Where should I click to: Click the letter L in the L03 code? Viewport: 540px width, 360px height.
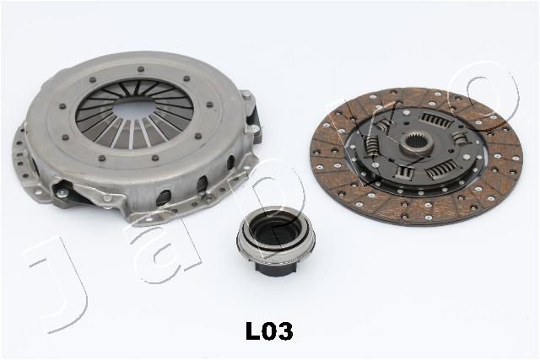click(x=252, y=331)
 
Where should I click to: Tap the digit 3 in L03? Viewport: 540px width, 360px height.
click(x=285, y=331)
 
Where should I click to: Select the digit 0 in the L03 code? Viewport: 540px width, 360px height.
click(x=268, y=331)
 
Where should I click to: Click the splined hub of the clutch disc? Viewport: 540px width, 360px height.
click(x=417, y=142)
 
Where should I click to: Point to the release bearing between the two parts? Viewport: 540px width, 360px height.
click(x=276, y=241)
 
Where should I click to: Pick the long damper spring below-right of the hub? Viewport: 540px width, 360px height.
click(x=442, y=169)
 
